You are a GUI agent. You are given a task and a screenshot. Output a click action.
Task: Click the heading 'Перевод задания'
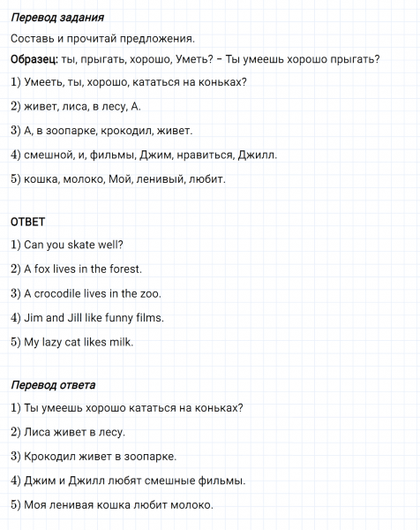[x=57, y=18]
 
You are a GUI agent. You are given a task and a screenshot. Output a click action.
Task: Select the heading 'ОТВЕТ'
[x=28, y=221]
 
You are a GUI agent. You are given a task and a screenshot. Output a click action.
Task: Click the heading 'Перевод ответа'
[x=54, y=385]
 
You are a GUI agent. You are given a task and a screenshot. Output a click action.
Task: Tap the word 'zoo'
[x=151, y=293]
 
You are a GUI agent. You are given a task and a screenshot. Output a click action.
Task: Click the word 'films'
[x=152, y=317]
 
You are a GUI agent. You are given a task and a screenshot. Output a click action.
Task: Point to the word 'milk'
[x=121, y=342]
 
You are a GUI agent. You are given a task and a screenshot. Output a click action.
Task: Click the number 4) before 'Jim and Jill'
[x=16, y=317]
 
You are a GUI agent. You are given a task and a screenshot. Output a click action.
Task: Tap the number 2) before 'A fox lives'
[x=16, y=269]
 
